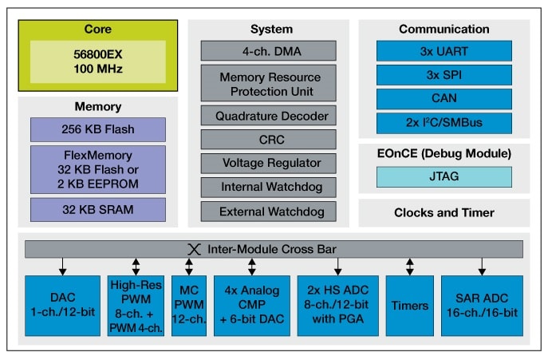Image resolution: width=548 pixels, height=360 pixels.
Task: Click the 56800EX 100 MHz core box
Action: [x=98, y=61]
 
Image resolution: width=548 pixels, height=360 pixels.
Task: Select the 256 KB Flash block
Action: [x=98, y=129]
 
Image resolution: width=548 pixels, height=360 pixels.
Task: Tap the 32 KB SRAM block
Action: [x=98, y=210]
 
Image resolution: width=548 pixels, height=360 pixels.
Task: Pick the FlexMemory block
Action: [x=98, y=169]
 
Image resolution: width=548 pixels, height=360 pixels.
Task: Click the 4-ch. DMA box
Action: [x=267, y=49]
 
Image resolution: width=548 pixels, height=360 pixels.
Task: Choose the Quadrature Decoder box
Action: [x=267, y=116]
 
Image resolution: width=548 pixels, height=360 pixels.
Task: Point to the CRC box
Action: [x=267, y=140]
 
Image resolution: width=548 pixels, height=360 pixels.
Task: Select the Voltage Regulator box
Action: [x=267, y=164]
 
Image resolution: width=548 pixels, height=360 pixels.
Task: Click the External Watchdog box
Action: [x=267, y=212]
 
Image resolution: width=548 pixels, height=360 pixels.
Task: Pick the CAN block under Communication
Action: [x=444, y=99]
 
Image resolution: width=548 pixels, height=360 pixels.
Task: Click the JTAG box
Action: [x=444, y=176]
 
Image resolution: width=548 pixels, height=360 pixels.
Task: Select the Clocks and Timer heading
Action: [x=444, y=212]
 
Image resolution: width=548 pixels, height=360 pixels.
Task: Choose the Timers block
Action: [x=409, y=305]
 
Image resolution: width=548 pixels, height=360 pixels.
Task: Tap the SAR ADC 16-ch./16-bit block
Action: [x=482, y=305]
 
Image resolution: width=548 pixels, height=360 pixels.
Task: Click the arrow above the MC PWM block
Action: [x=189, y=266]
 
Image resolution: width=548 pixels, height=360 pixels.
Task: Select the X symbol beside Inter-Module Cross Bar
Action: [x=191, y=248]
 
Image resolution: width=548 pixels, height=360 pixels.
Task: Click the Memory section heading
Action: [x=98, y=106]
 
